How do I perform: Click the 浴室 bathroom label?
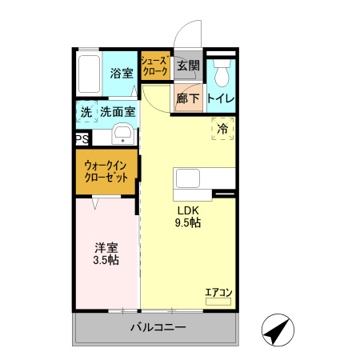[122, 73]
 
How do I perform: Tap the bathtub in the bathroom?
[90, 74]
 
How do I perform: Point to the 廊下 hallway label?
[188, 99]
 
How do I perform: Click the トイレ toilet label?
[220, 99]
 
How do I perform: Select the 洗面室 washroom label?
[117, 112]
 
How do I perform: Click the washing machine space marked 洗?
[86, 112]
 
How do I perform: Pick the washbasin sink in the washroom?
[122, 133]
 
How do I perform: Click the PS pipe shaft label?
[82, 139]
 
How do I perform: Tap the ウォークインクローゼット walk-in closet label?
[107, 172]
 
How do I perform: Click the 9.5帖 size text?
[188, 223]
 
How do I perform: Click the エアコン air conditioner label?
[218, 292]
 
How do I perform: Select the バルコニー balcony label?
[158, 327]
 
